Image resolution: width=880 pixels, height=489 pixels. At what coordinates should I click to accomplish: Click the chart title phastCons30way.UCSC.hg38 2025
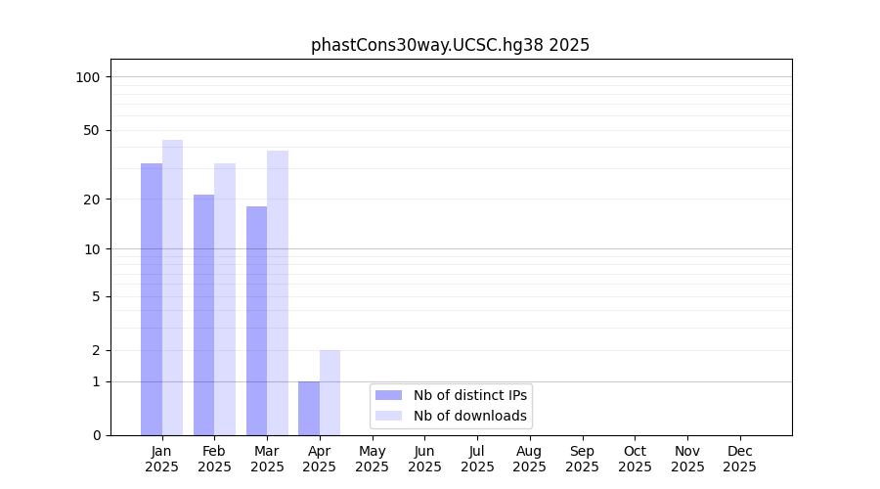tap(450, 45)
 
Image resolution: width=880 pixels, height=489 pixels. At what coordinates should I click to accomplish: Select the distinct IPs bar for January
tap(152, 298)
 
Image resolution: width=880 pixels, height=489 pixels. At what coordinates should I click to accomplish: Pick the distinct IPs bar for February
tap(203, 314)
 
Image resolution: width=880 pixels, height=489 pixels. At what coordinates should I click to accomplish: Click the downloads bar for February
tap(225, 298)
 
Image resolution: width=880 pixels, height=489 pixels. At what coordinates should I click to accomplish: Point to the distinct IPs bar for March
tap(256, 320)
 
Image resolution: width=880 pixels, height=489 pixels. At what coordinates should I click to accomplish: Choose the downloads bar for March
tap(278, 292)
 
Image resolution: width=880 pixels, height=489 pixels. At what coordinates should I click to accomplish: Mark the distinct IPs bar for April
tap(309, 408)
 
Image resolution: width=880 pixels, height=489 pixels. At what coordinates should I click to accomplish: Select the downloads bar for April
tap(330, 392)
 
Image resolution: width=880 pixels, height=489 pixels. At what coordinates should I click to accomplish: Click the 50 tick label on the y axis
tap(92, 130)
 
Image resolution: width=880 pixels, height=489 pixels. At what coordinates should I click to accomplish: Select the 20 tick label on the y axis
tap(92, 200)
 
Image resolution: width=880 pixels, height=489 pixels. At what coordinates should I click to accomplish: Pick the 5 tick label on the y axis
tap(96, 296)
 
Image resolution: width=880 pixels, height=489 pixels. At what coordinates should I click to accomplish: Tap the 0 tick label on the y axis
tap(96, 435)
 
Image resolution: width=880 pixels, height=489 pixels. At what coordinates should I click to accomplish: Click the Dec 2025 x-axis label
tap(739, 459)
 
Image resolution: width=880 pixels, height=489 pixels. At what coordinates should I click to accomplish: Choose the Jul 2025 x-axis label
tap(477, 459)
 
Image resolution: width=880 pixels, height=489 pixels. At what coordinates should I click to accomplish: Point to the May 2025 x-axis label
tap(372, 459)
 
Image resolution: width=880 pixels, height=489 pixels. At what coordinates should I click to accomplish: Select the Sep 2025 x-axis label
tap(582, 459)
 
